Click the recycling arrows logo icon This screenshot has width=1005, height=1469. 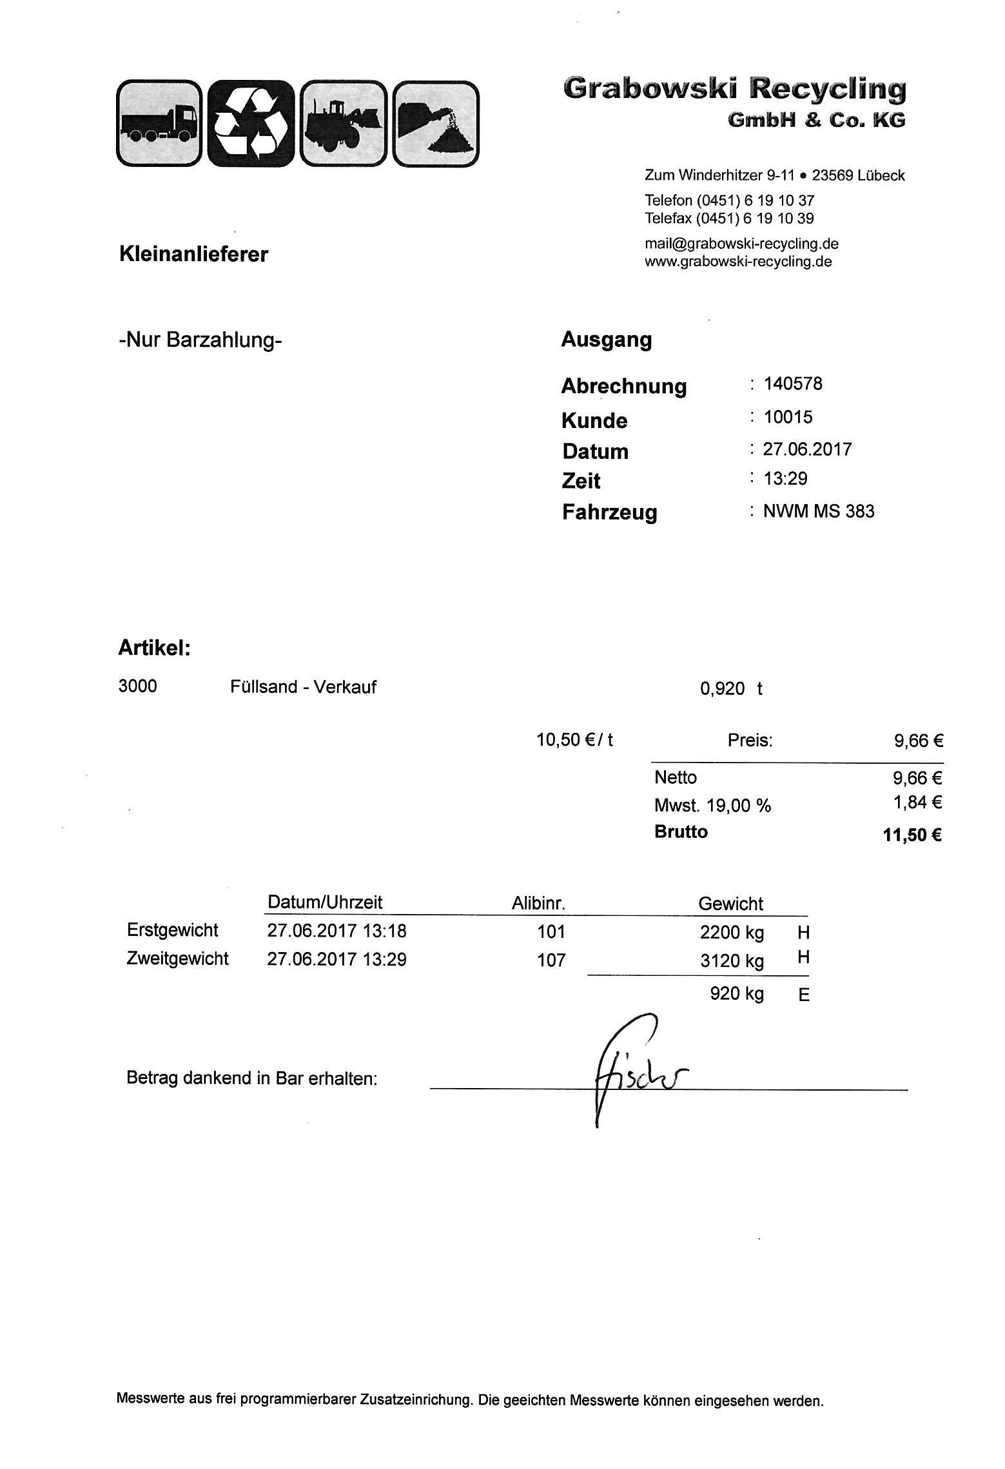pyautogui.click(x=250, y=123)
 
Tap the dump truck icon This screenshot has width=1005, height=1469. pyautogui.click(x=159, y=123)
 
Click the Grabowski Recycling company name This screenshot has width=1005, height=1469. pyautogui.click(x=734, y=89)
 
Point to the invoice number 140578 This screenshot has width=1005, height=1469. pyautogui.click(x=793, y=384)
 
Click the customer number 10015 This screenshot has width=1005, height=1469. pyautogui.click(x=788, y=417)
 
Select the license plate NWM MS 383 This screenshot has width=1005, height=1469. pyautogui.click(x=819, y=512)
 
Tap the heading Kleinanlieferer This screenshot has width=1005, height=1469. pyautogui.click(x=193, y=254)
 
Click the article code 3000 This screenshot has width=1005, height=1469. pyautogui.click(x=137, y=686)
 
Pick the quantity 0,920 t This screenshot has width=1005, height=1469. pyautogui.click(x=731, y=689)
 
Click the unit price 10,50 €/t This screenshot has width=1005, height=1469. pyautogui.click(x=574, y=740)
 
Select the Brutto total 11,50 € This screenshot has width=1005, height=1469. pyautogui.click(x=912, y=835)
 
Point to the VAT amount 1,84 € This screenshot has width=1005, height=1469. pyautogui.click(x=919, y=803)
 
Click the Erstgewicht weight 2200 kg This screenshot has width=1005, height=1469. pyautogui.click(x=732, y=933)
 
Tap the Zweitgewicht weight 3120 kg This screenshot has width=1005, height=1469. pyautogui.click(x=732, y=961)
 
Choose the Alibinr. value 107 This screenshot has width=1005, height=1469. pyautogui.click(x=551, y=960)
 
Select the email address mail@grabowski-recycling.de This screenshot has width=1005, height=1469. pyautogui.click(x=741, y=244)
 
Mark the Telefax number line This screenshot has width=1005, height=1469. pyautogui.click(x=729, y=219)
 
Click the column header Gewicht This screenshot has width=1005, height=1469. pyautogui.click(x=730, y=904)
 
